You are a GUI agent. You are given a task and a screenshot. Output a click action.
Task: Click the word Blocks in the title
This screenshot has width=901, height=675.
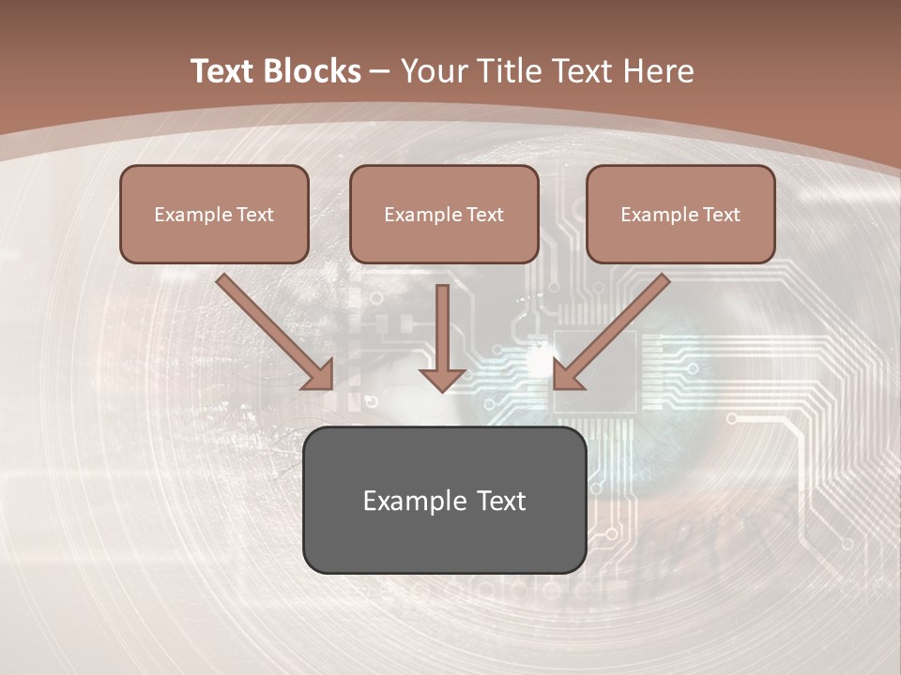coord(313,71)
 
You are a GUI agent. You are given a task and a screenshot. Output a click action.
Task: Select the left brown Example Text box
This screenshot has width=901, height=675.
coord(214,214)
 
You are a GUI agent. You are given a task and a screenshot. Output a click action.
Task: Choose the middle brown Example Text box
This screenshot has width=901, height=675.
coord(444,214)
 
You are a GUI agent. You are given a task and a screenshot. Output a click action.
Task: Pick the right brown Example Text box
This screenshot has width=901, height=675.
coord(680,214)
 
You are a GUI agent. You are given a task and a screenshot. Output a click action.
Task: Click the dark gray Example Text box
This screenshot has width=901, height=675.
coord(444,500)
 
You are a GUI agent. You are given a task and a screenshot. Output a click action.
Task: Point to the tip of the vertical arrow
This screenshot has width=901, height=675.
coord(443,390)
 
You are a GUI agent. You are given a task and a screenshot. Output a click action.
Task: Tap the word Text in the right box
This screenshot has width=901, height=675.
coord(721,214)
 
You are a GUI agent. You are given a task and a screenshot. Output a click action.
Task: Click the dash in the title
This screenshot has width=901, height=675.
coord(380,71)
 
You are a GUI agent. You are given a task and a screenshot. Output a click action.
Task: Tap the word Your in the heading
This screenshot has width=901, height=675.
coord(431,71)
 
